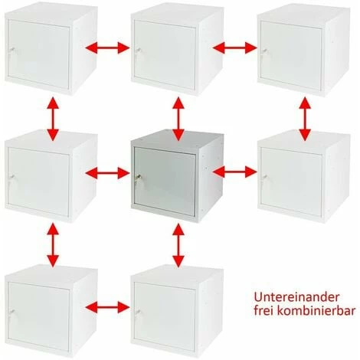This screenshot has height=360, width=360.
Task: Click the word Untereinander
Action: pyautogui.click(x=296, y=297)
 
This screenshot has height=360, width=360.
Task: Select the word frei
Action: pyautogui.click(x=263, y=311)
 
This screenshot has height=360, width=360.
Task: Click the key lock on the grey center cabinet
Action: pyautogui.click(x=138, y=177)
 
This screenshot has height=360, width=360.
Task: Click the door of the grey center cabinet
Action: pyautogui.click(x=165, y=182)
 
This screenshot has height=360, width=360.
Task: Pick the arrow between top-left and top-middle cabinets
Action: pyautogui.click(x=107, y=47)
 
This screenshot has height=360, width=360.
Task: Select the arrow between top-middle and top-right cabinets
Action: pyautogui.click(x=234, y=47)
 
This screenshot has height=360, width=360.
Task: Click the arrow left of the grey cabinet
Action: pyautogui.click(x=107, y=173)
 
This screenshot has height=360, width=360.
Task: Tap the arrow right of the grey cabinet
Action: pyautogui.click(x=234, y=172)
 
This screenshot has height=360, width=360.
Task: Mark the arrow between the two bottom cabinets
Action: pyautogui.click(x=107, y=307)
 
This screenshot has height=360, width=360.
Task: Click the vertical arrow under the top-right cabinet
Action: pyautogui.click(x=305, y=119)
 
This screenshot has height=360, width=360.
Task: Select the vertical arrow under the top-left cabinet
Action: pyautogui.click(x=53, y=119)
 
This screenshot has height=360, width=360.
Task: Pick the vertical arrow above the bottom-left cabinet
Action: pyautogui.click(x=53, y=245)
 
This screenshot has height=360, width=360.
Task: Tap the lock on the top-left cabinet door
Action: pyautogui.click(x=11, y=50)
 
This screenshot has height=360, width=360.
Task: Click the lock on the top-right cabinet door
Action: pyautogui.click(x=264, y=51)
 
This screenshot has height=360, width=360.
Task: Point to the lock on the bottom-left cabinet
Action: pyautogui.click(x=11, y=312)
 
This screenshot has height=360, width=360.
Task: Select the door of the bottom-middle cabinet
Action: pyautogui.click(x=165, y=316)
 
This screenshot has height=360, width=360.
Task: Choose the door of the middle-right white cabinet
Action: pyautogui.click(x=291, y=182)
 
